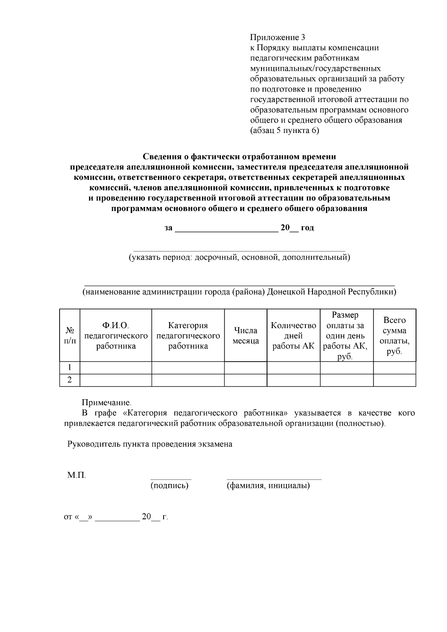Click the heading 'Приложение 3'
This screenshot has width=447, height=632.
[278, 37]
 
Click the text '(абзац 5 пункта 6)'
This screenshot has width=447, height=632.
[284, 131]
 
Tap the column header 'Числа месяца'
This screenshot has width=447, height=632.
[245, 335]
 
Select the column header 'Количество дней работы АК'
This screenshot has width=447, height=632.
[294, 335]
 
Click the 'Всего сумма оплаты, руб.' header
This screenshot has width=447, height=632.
[394, 335]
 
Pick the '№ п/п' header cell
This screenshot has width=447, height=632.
[70, 335]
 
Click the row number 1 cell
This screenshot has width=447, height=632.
[70, 368]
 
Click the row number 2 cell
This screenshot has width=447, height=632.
[70, 380]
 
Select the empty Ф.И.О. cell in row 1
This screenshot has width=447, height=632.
[116, 368]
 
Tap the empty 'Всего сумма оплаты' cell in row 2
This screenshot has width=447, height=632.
[394, 380]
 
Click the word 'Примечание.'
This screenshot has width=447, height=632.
[107, 403]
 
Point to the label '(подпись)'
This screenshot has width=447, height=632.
[169, 486]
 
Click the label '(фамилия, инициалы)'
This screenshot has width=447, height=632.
[268, 486]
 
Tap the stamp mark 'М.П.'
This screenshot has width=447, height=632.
[76, 475]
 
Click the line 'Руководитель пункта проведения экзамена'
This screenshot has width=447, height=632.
[150, 444]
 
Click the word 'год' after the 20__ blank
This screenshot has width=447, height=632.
[307, 228]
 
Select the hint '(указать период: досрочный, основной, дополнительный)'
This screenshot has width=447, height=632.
[239, 257]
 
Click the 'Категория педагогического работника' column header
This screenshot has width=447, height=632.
[188, 335]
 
